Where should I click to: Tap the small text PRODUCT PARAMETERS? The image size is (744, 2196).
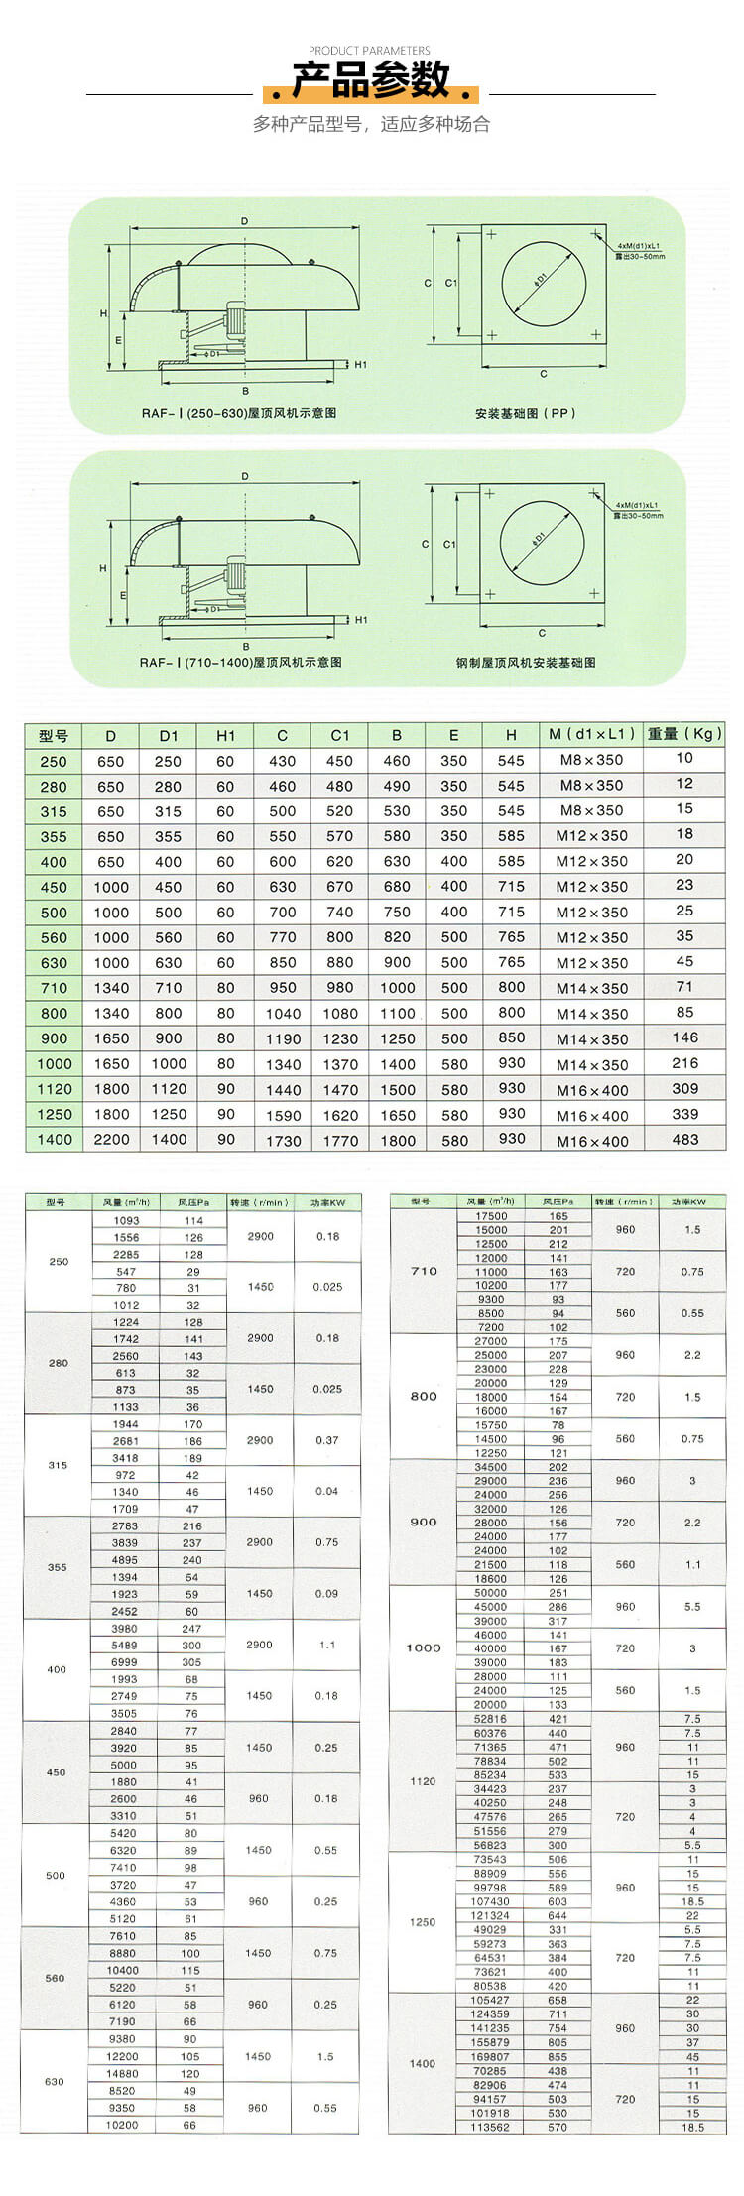point(369,51)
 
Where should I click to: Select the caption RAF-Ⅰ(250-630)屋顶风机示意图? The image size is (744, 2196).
point(239,412)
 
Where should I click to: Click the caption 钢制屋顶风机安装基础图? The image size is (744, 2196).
point(526,662)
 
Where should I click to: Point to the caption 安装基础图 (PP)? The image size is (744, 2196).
point(525,412)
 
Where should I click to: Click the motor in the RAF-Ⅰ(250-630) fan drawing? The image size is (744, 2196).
point(236,323)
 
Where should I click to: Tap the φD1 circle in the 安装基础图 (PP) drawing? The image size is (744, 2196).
point(543,280)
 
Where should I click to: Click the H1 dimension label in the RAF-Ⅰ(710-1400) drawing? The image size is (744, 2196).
point(361,619)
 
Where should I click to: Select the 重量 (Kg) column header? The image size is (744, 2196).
point(684,734)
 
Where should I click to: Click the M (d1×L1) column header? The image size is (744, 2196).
point(591,735)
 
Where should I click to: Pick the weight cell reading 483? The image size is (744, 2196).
point(684,1139)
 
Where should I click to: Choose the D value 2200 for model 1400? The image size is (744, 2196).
point(111,1140)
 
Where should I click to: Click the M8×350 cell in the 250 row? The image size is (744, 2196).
point(591,760)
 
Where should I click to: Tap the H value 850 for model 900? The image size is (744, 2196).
point(512,1038)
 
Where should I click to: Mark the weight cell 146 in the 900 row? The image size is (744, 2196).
point(684,1037)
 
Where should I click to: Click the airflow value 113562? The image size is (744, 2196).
point(490,2127)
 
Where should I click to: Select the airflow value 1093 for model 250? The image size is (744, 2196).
point(126,1220)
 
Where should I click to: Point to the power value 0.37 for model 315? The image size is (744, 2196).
point(326,1440)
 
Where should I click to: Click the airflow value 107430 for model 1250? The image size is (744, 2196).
point(490,1901)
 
